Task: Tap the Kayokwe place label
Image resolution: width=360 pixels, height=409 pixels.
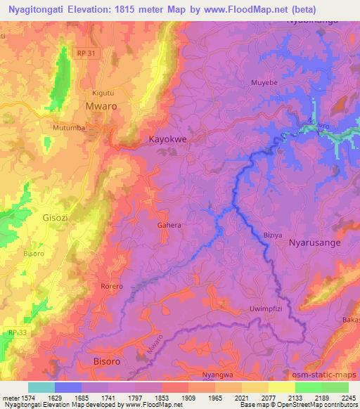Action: pos(167,140)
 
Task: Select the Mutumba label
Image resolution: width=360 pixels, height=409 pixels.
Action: pos(69,129)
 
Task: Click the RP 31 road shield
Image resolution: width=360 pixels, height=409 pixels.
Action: pos(86,53)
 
